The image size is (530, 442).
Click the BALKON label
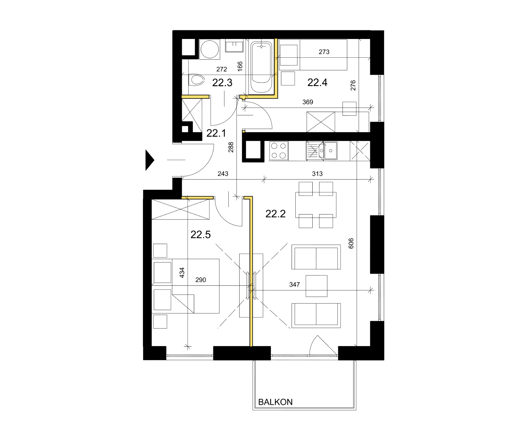(x=275, y=402)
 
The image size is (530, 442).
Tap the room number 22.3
(x=222, y=83)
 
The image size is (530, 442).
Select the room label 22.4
(x=317, y=82)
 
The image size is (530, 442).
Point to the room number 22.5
(x=200, y=235)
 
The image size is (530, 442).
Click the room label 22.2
(x=275, y=214)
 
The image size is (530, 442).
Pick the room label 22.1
(x=216, y=133)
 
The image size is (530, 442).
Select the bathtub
(x=261, y=67)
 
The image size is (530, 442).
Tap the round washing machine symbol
(x=210, y=49)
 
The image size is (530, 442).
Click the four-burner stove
(x=279, y=151)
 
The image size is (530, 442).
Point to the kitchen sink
(x=322, y=151)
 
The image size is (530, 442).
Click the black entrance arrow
(x=150, y=160)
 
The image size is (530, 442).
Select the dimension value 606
(x=351, y=243)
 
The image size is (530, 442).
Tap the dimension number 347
(x=295, y=285)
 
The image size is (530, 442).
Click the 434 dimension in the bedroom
(x=182, y=273)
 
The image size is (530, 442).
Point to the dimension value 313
(x=317, y=174)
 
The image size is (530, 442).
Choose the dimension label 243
(x=223, y=174)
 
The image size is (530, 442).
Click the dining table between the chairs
(x=316, y=205)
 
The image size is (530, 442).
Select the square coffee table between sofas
(x=316, y=286)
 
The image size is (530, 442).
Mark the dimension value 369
(x=308, y=102)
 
